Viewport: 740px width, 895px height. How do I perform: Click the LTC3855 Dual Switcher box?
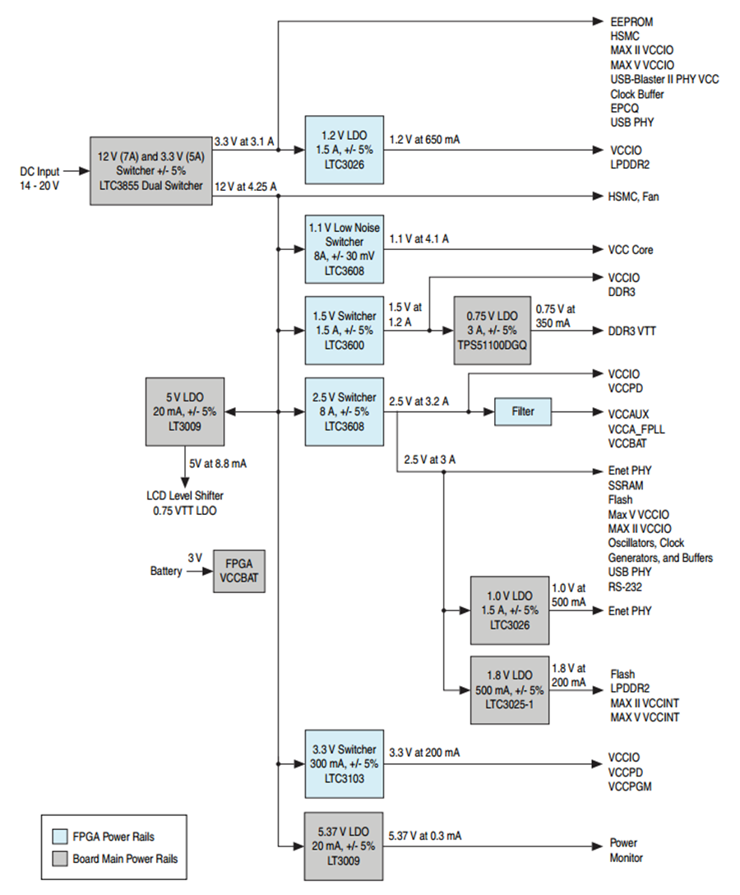(x=150, y=170)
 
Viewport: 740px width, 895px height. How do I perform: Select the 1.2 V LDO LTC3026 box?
(x=344, y=150)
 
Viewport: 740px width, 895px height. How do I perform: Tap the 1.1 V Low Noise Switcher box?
(x=344, y=249)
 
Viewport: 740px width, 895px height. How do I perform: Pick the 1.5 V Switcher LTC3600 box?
(x=344, y=330)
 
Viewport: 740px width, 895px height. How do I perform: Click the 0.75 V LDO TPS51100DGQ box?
(x=492, y=330)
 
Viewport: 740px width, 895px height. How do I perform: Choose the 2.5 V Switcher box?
(x=344, y=411)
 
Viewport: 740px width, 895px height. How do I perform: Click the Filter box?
(x=523, y=411)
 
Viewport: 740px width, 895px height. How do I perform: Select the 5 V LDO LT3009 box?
(x=185, y=411)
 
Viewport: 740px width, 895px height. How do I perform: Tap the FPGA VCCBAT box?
(x=239, y=571)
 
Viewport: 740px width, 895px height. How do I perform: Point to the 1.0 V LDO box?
(x=510, y=610)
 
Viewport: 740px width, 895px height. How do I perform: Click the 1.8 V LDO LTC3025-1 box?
(x=510, y=690)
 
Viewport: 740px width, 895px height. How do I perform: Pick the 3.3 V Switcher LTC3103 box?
(x=344, y=763)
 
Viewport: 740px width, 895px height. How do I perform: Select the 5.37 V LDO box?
(x=344, y=846)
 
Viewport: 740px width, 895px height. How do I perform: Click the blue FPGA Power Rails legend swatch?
(x=60, y=837)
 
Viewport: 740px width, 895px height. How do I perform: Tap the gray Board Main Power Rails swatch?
(x=60, y=859)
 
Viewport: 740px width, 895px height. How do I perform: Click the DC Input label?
(x=40, y=171)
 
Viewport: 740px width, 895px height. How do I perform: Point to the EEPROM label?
(x=631, y=21)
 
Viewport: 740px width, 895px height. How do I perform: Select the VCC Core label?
(x=631, y=249)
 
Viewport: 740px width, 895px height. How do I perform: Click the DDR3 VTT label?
(x=632, y=331)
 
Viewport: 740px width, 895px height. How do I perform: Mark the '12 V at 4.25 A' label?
(x=246, y=187)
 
